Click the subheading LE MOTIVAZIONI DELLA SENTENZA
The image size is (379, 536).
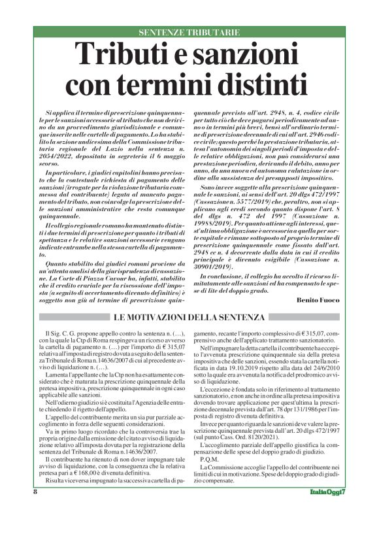tap(189, 318)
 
